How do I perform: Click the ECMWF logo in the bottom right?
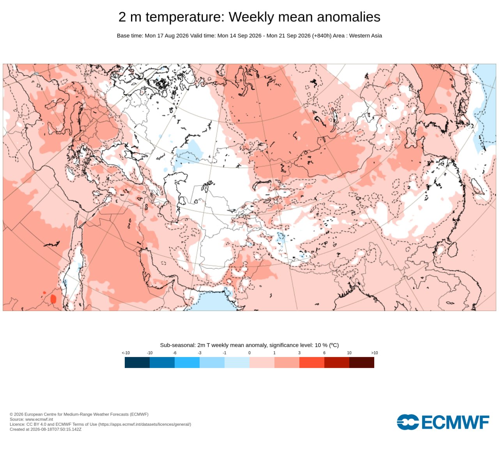[443, 422]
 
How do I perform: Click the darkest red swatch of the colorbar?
[361, 362]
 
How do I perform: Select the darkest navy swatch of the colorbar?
[137, 362]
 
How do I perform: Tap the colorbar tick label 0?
[249, 353]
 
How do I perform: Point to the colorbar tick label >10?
[374, 353]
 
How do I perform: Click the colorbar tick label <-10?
[126, 353]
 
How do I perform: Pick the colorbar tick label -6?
[175, 353]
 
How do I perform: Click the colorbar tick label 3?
[299, 353]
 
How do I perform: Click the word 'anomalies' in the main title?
[349, 17]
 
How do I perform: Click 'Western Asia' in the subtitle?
[365, 36]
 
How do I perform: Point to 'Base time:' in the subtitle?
[130, 36]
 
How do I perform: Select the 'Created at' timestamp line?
[46, 429]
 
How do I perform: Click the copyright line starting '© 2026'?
[79, 414]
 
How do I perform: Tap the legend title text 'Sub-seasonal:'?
[178, 345]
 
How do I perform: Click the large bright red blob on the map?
[53, 299]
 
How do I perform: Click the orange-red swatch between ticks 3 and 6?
[312, 362]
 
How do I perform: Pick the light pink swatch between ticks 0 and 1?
[262, 362]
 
